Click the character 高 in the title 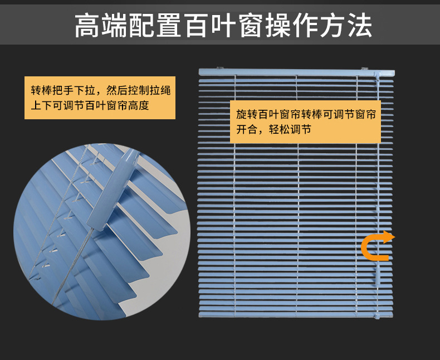89,26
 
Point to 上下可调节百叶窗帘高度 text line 90,105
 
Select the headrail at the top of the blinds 296,72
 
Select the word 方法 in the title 344,26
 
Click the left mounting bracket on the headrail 219,69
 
